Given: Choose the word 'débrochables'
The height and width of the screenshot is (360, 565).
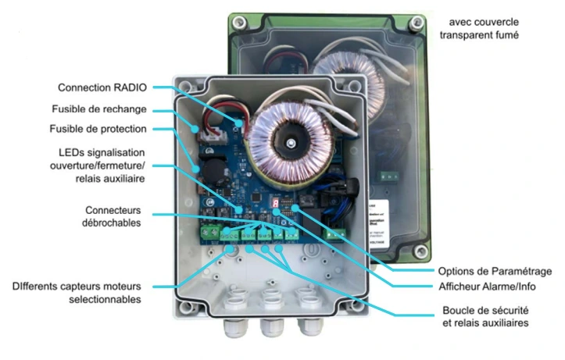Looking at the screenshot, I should point(114,223).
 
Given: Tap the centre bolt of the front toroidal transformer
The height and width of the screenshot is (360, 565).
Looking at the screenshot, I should point(288,141).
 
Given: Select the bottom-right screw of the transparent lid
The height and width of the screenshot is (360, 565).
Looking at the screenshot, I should point(421,251).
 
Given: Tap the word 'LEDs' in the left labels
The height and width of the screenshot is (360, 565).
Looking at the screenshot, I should point(73,151).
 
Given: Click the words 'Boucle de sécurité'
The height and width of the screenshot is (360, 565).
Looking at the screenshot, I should point(478,310).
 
